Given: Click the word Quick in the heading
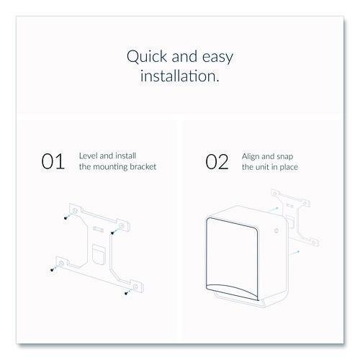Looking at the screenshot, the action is (x=147, y=57).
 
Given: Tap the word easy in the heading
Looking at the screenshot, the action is (x=217, y=58).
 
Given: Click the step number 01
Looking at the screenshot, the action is (x=53, y=161).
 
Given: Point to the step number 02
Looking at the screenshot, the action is (x=217, y=162).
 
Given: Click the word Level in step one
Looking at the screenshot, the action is (x=89, y=156).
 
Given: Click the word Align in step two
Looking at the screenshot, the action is (x=251, y=157).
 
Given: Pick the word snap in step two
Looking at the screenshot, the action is (x=284, y=157).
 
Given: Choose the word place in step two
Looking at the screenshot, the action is (x=289, y=168).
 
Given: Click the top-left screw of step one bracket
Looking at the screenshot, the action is (x=66, y=218).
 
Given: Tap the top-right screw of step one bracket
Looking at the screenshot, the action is (x=112, y=233).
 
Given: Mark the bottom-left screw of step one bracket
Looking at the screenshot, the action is (x=52, y=270).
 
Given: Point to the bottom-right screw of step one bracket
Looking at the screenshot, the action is (x=126, y=293).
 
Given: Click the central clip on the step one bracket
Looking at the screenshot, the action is (x=99, y=254).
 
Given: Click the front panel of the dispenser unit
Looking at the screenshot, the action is (x=233, y=258).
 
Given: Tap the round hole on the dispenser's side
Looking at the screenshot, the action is (x=276, y=230).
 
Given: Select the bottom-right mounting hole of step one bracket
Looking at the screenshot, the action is (x=135, y=287).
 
